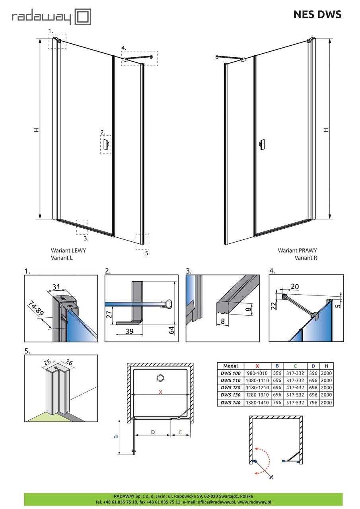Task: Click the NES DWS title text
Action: (317, 15)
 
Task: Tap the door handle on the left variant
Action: (106, 145)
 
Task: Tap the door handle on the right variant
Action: (261, 145)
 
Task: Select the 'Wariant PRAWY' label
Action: (297, 251)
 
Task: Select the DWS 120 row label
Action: (230, 388)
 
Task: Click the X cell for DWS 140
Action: (257, 402)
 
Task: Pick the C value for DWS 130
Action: (295, 395)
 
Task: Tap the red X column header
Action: (257, 366)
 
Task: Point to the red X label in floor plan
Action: (160, 392)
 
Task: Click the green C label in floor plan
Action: (180, 432)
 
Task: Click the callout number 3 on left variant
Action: (86, 239)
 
